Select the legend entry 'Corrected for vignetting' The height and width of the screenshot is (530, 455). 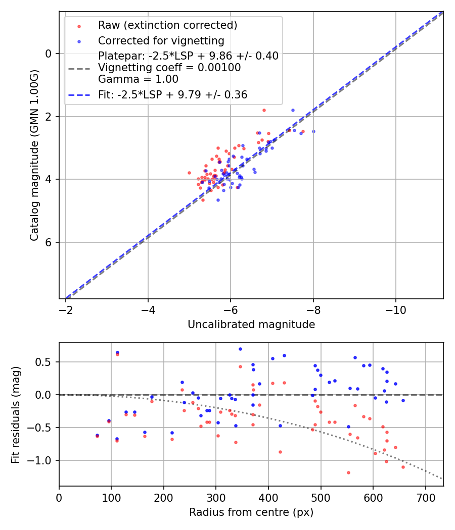(161, 40)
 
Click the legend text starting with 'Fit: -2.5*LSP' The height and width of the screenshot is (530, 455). (172, 95)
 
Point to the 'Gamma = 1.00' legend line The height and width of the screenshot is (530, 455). (138, 79)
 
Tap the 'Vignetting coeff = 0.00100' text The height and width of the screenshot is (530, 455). (169, 67)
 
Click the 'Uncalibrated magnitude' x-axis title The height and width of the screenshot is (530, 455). (251, 325)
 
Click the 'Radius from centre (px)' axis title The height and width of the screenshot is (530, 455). (251, 512)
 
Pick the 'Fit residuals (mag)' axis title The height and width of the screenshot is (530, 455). (16, 414)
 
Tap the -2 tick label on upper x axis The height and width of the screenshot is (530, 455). (66, 308)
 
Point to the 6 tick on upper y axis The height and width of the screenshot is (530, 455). (49, 243)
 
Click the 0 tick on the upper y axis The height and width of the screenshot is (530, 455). (49, 54)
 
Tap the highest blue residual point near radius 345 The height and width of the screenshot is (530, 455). (240, 349)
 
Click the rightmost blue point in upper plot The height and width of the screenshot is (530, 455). (313, 131)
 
